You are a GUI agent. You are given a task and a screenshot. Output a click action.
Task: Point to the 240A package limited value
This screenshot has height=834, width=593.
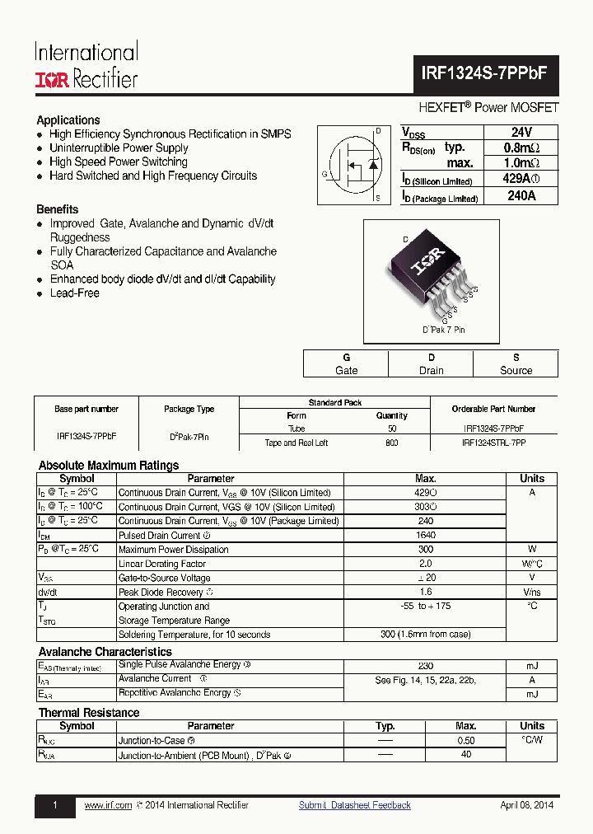(521, 197)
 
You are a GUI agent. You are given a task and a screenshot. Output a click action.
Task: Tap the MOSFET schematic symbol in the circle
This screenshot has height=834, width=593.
(357, 165)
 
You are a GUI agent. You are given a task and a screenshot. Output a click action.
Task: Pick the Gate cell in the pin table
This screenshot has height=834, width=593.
(347, 363)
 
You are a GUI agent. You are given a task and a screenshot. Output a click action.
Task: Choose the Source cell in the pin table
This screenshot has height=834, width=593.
(516, 363)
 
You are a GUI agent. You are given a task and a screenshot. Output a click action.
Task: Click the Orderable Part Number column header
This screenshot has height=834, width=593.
(493, 409)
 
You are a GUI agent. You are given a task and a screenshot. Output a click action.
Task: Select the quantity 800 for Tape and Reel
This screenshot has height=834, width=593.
(392, 443)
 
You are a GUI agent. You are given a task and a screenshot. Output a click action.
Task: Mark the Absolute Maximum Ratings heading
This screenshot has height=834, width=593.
(109, 466)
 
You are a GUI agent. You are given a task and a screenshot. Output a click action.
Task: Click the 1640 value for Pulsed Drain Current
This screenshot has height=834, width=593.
(426, 536)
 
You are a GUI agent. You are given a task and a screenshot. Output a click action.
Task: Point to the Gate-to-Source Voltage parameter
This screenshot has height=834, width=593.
(165, 578)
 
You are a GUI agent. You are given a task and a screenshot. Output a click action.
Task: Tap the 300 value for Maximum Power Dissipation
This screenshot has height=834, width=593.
(426, 550)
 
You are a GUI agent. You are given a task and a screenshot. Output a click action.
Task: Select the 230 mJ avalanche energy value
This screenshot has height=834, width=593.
(426, 666)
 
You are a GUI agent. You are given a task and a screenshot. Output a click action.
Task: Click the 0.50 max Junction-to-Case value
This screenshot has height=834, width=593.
(466, 741)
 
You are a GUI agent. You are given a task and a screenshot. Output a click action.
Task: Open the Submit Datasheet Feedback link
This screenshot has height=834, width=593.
(354, 805)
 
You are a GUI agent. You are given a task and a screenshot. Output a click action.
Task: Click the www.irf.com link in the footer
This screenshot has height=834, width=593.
(108, 805)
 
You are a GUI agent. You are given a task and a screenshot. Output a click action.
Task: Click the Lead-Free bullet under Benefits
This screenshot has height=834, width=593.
(74, 293)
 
